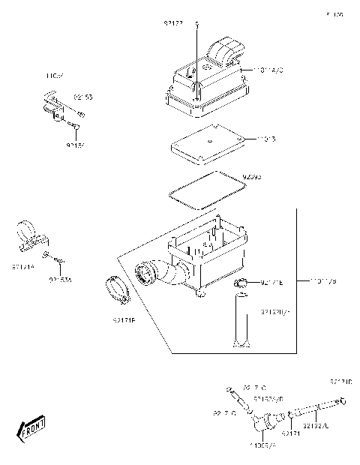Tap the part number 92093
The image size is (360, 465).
click(252, 178)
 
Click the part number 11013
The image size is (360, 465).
click(267, 139)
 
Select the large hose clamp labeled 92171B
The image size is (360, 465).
click(136, 289)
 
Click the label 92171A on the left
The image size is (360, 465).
click(23, 265)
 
